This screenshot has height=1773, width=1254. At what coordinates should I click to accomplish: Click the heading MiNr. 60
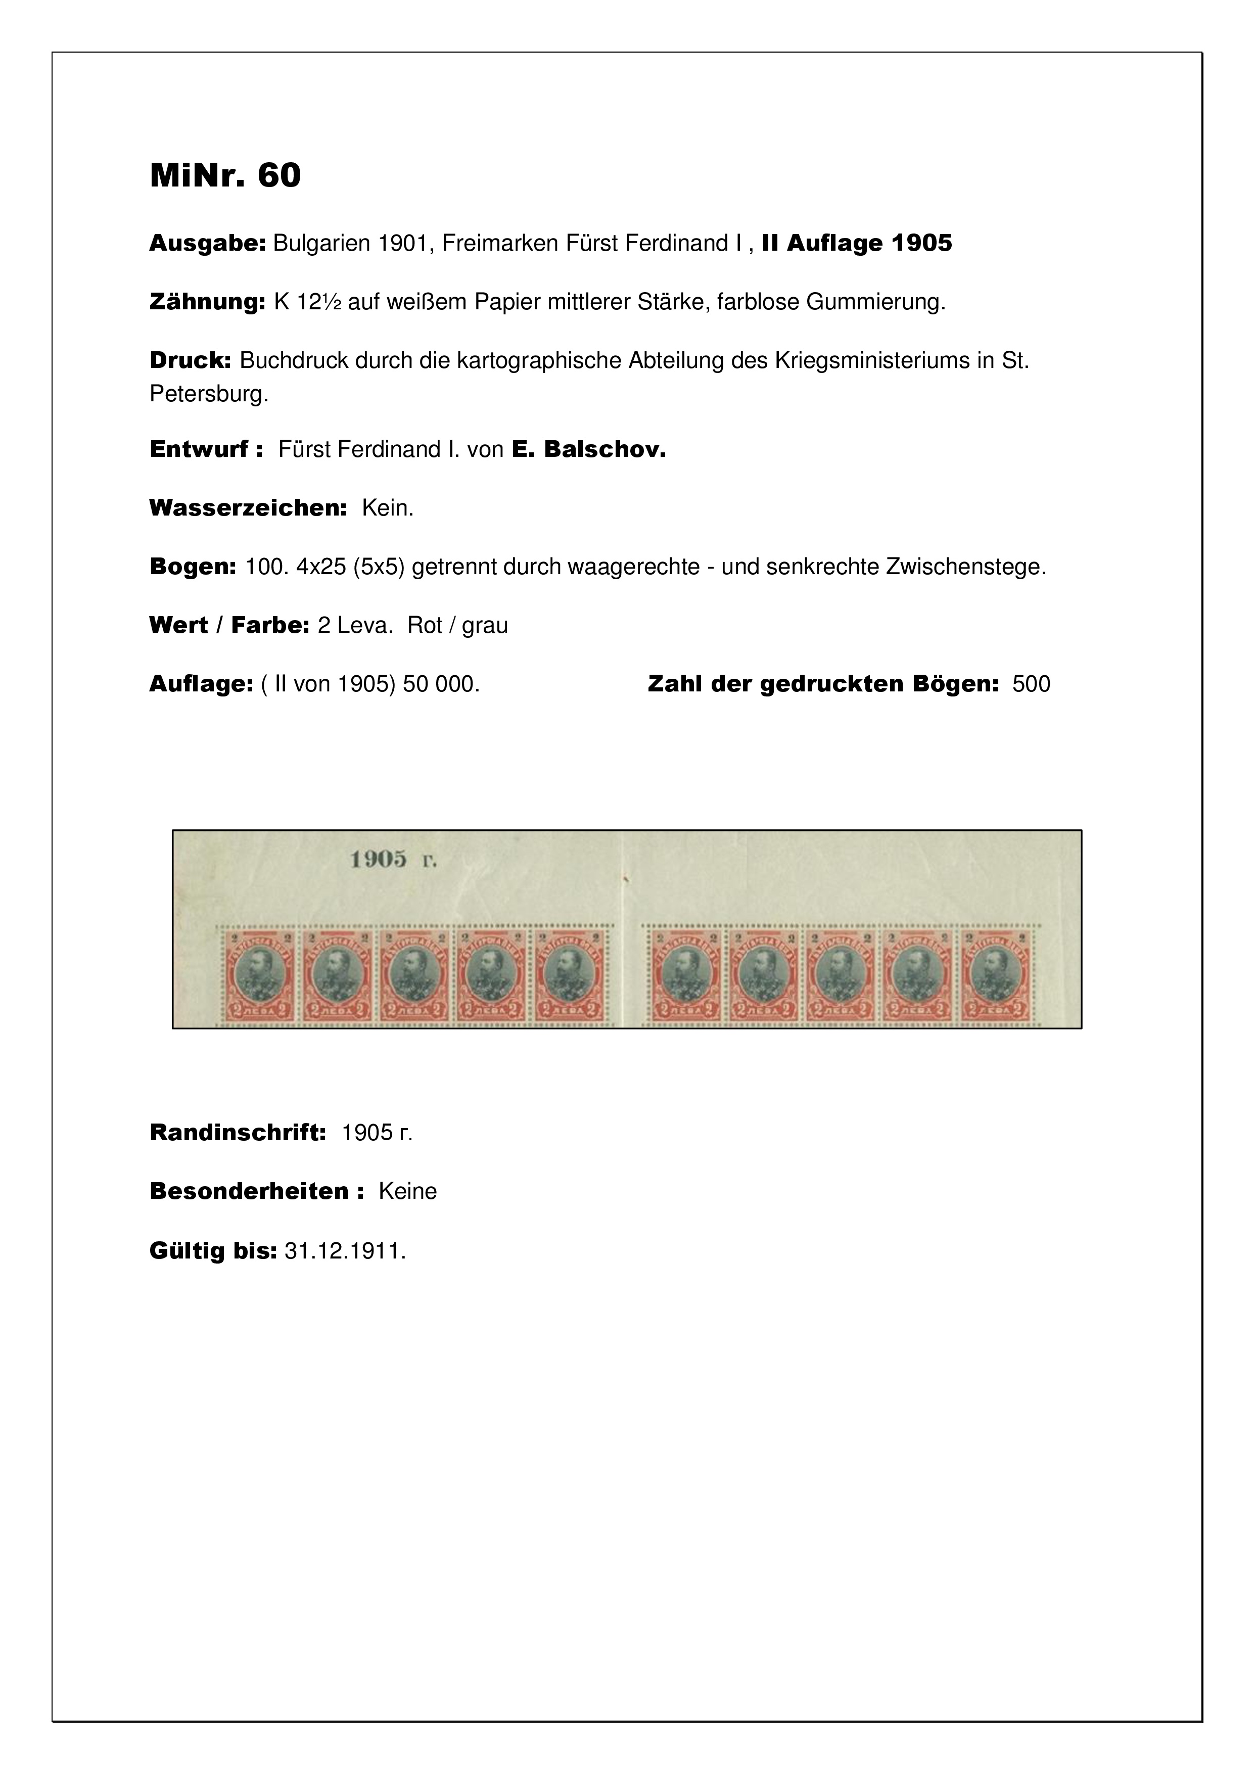click(x=225, y=176)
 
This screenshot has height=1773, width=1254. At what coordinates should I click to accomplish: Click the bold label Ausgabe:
click(x=207, y=244)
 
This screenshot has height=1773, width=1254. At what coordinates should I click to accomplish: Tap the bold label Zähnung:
click(x=207, y=303)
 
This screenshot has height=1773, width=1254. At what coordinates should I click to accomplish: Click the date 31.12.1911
click(x=344, y=1251)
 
